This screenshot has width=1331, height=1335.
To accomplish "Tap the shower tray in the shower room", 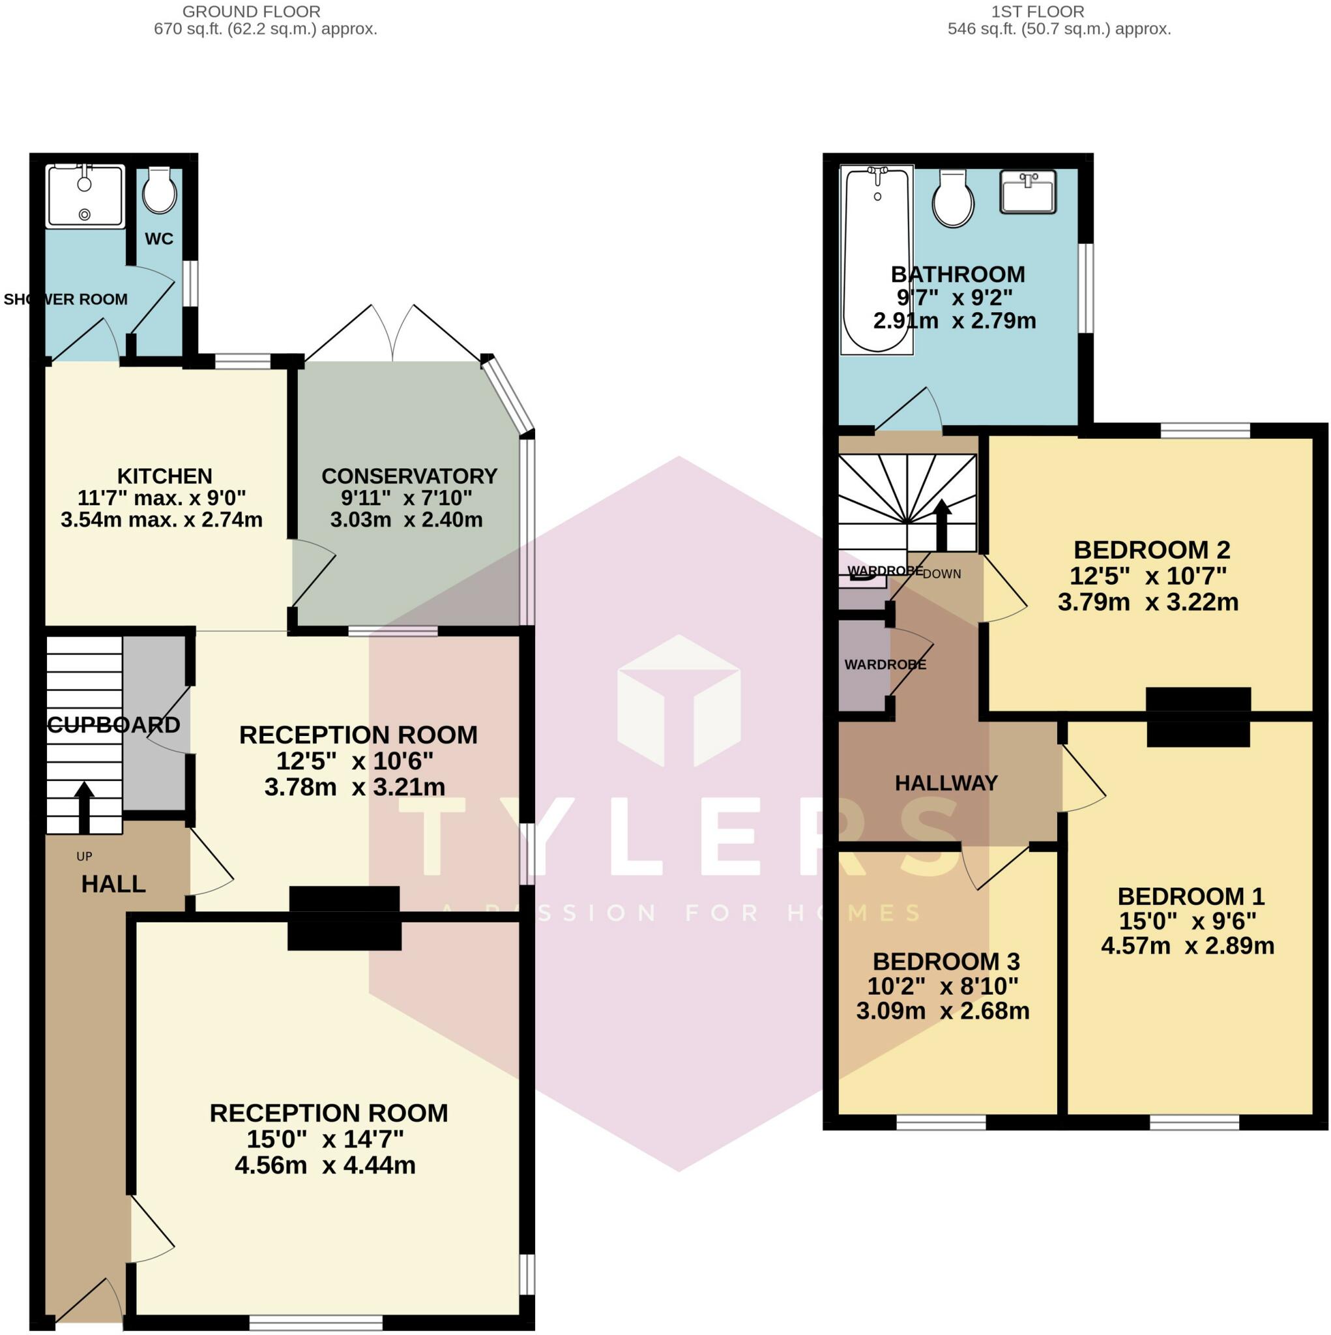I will coord(84,196).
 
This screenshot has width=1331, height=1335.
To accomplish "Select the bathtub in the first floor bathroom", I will coord(876,259).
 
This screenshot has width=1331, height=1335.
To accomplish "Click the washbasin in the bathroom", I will coord(1028,192).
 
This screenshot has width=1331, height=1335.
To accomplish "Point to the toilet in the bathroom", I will coord(953,199).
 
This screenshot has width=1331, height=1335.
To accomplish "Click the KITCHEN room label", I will coord(164,476).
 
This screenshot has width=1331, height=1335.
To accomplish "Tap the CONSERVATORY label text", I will coord(409,476).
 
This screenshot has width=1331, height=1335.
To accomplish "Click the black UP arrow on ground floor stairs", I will coord(84,807).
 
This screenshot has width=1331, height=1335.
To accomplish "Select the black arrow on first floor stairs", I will coord(942,525).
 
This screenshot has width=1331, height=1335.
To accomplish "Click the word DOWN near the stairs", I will coord(941,574).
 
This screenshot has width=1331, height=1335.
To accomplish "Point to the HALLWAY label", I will coord(946,783).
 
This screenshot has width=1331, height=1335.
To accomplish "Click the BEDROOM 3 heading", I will coord(946,961).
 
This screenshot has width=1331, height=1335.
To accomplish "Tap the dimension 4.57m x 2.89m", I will coord(1187,945).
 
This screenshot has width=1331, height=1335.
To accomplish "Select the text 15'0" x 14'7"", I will coord(325,1138).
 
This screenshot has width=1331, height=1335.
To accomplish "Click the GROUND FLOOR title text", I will coord(251,12).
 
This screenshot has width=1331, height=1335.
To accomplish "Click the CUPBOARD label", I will coord(114,725).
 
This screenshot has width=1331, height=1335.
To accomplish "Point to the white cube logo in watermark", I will coord(678,701).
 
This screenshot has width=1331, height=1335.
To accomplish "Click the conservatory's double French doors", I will coord(392,333).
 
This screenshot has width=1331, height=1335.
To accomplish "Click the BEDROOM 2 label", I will coord(1151,550).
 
